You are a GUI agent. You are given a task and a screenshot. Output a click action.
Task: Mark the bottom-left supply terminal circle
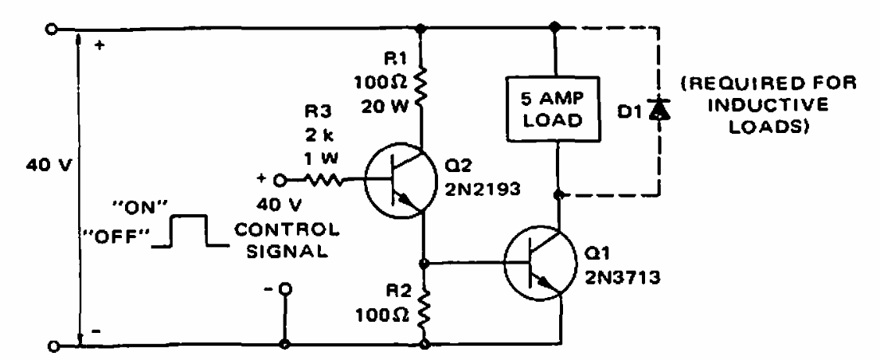click(53, 346)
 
